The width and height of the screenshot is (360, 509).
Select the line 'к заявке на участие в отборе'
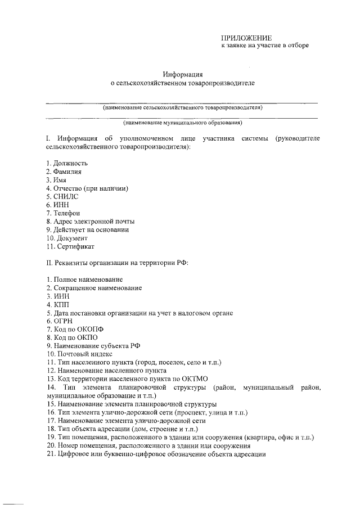[x=264, y=46]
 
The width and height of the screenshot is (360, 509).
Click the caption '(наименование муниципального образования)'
[x=183, y=122]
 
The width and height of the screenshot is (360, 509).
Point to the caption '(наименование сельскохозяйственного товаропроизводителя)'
[x=183, y=107]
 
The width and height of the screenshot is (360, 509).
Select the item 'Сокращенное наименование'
[x=97, y=287]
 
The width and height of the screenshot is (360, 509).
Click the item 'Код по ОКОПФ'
[x=75, y=329]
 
